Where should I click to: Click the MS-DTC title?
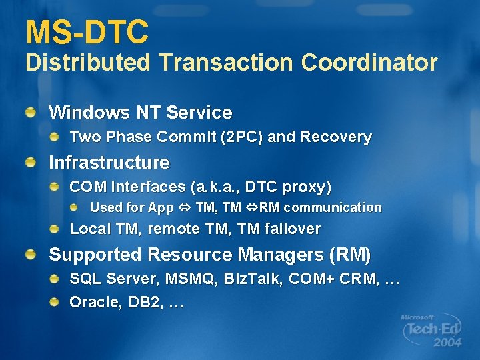point(87,32)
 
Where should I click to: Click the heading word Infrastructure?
point(109,163)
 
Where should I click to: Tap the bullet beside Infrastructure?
point(31,163)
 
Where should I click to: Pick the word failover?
point(292,229)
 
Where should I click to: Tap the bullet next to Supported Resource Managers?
point(31,255)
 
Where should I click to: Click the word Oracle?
point(94,302)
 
